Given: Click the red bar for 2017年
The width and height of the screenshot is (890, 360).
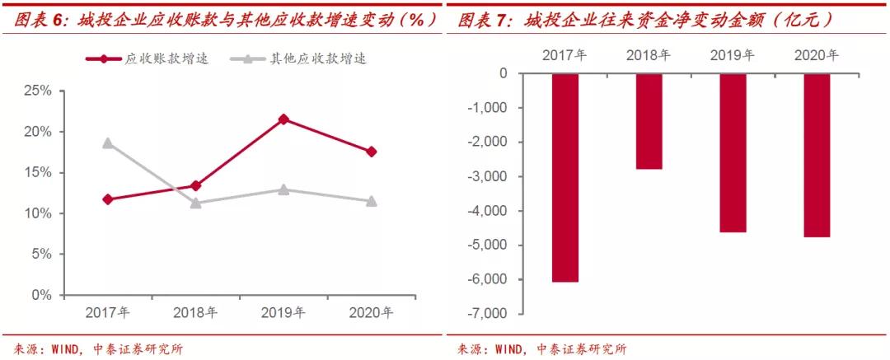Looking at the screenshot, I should click(565, 177).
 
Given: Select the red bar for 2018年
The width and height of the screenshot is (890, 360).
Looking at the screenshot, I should click(649, 121).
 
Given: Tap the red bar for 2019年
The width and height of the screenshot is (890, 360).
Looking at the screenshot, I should click(733, 152).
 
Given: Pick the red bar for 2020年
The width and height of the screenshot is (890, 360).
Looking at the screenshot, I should click(817, 155).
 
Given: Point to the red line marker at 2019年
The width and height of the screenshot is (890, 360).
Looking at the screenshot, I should click(283, 119).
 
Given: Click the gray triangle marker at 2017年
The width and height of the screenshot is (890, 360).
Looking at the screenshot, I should click(108, 143).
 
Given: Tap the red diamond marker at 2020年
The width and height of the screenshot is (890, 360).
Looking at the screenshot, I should click(372, 152).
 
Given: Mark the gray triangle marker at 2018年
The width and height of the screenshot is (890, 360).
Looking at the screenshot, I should click(195, 203).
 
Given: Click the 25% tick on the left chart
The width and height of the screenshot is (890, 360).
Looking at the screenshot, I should click(37, 91).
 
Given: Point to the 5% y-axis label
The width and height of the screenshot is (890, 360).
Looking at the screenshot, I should click(40, 254).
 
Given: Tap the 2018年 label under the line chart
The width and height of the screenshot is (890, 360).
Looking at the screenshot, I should click(195, 312).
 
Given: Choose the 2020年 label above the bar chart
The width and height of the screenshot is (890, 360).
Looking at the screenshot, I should click(817, 55).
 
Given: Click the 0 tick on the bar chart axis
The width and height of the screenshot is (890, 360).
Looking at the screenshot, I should click(503, 73).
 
